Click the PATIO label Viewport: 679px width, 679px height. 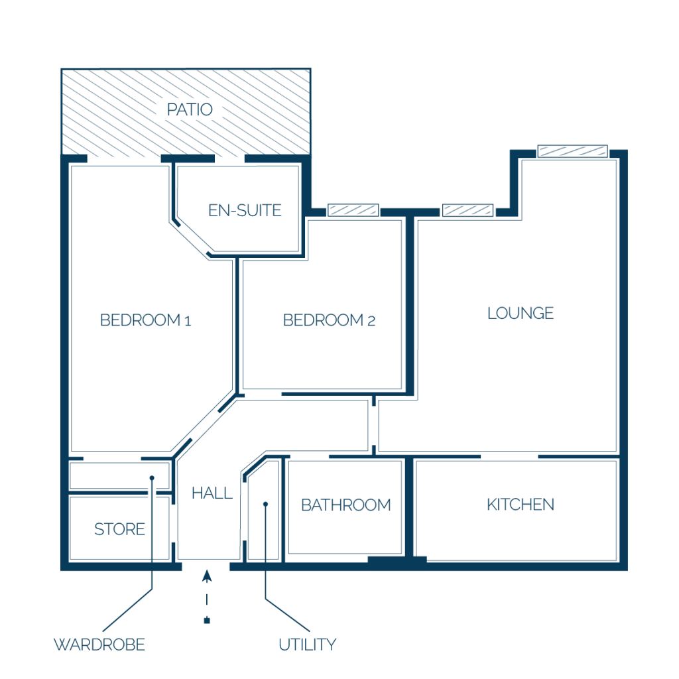190,109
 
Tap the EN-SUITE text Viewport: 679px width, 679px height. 245,210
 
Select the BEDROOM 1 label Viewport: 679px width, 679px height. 145,320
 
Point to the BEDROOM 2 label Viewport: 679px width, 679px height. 329,320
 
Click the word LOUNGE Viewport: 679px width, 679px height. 521,313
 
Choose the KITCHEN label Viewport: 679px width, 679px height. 521,505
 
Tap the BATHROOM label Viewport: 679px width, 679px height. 346,505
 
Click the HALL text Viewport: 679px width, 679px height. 212,493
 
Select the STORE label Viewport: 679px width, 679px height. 119,529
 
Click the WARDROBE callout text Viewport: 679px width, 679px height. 99,645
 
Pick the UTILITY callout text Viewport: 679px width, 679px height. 308,645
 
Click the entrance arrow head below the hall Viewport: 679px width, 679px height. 207,576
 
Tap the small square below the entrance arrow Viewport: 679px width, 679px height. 207,621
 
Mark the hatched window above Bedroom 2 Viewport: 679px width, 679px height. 353,210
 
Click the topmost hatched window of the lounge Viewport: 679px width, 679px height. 572,151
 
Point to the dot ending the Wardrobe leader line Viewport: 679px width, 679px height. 152,478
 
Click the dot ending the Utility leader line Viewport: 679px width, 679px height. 266,504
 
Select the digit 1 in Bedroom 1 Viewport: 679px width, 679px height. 188,321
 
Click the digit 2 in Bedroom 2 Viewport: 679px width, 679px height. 371,321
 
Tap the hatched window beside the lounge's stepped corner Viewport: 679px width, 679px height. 467,210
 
